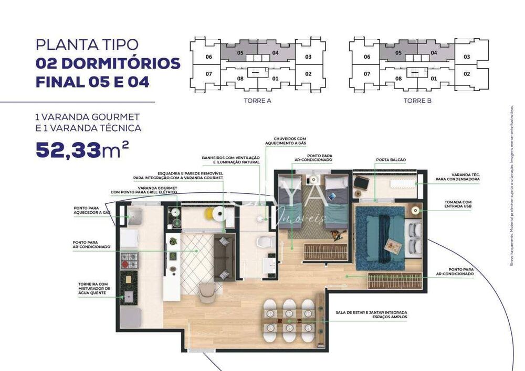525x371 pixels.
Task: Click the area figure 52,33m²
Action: (x=82, y=150)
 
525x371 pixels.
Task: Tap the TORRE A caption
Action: (x=257, y=101)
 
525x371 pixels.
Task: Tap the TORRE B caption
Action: (x=417, y=101)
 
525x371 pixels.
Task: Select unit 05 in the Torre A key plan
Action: (x=240, y=53)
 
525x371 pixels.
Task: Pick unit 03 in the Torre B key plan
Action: (x=466, y=57)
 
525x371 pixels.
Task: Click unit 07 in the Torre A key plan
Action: (x=208, y=74)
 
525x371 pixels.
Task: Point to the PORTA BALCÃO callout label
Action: (x=391, y=159)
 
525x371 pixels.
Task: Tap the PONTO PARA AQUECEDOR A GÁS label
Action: (x=92, y=211)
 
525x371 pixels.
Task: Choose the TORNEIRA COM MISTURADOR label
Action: (x=94, y=288)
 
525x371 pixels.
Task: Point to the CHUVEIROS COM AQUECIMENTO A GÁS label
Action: (x=286, y=140)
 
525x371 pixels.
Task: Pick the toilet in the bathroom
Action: (x=266, y=243)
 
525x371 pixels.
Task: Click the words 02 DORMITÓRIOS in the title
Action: (x=108, y=63)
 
